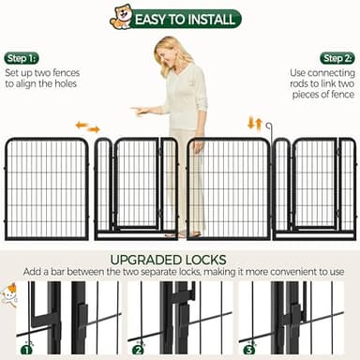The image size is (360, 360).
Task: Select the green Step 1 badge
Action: (x=22, y=58)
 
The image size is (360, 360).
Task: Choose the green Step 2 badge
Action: (x=337, y=58)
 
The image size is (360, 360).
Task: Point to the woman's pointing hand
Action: (x=141, y=111)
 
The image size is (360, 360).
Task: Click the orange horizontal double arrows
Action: (x=87, y=126)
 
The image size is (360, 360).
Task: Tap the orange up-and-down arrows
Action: (x=254, y=124)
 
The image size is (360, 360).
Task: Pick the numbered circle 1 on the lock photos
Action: (x=26, y=349)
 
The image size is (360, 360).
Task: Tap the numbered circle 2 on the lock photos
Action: (x=138, y=349)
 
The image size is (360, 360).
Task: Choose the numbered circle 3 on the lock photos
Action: (x=248, y=349)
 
